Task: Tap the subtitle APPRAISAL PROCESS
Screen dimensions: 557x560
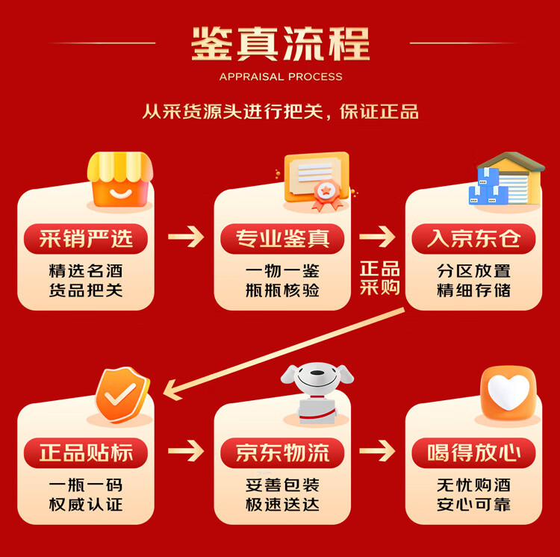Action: point(281,77)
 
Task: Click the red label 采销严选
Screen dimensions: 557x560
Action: point(86,238)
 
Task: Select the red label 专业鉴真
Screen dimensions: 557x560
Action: point(282,238)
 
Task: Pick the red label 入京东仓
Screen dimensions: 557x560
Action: point(474,238)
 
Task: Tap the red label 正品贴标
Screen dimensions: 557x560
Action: point(86,452)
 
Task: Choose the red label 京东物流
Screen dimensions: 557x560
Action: point(282,452)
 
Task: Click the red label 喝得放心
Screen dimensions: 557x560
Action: point(474,452)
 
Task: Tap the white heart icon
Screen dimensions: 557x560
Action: point(508,393)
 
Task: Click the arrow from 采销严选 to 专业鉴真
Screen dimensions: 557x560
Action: point(186,237)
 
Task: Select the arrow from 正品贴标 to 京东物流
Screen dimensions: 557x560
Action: point(186,451)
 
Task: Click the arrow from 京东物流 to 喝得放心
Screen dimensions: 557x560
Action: point(377,451)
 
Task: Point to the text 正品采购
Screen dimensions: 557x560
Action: point(379,278)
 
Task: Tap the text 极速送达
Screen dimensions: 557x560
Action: point(282,505)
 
